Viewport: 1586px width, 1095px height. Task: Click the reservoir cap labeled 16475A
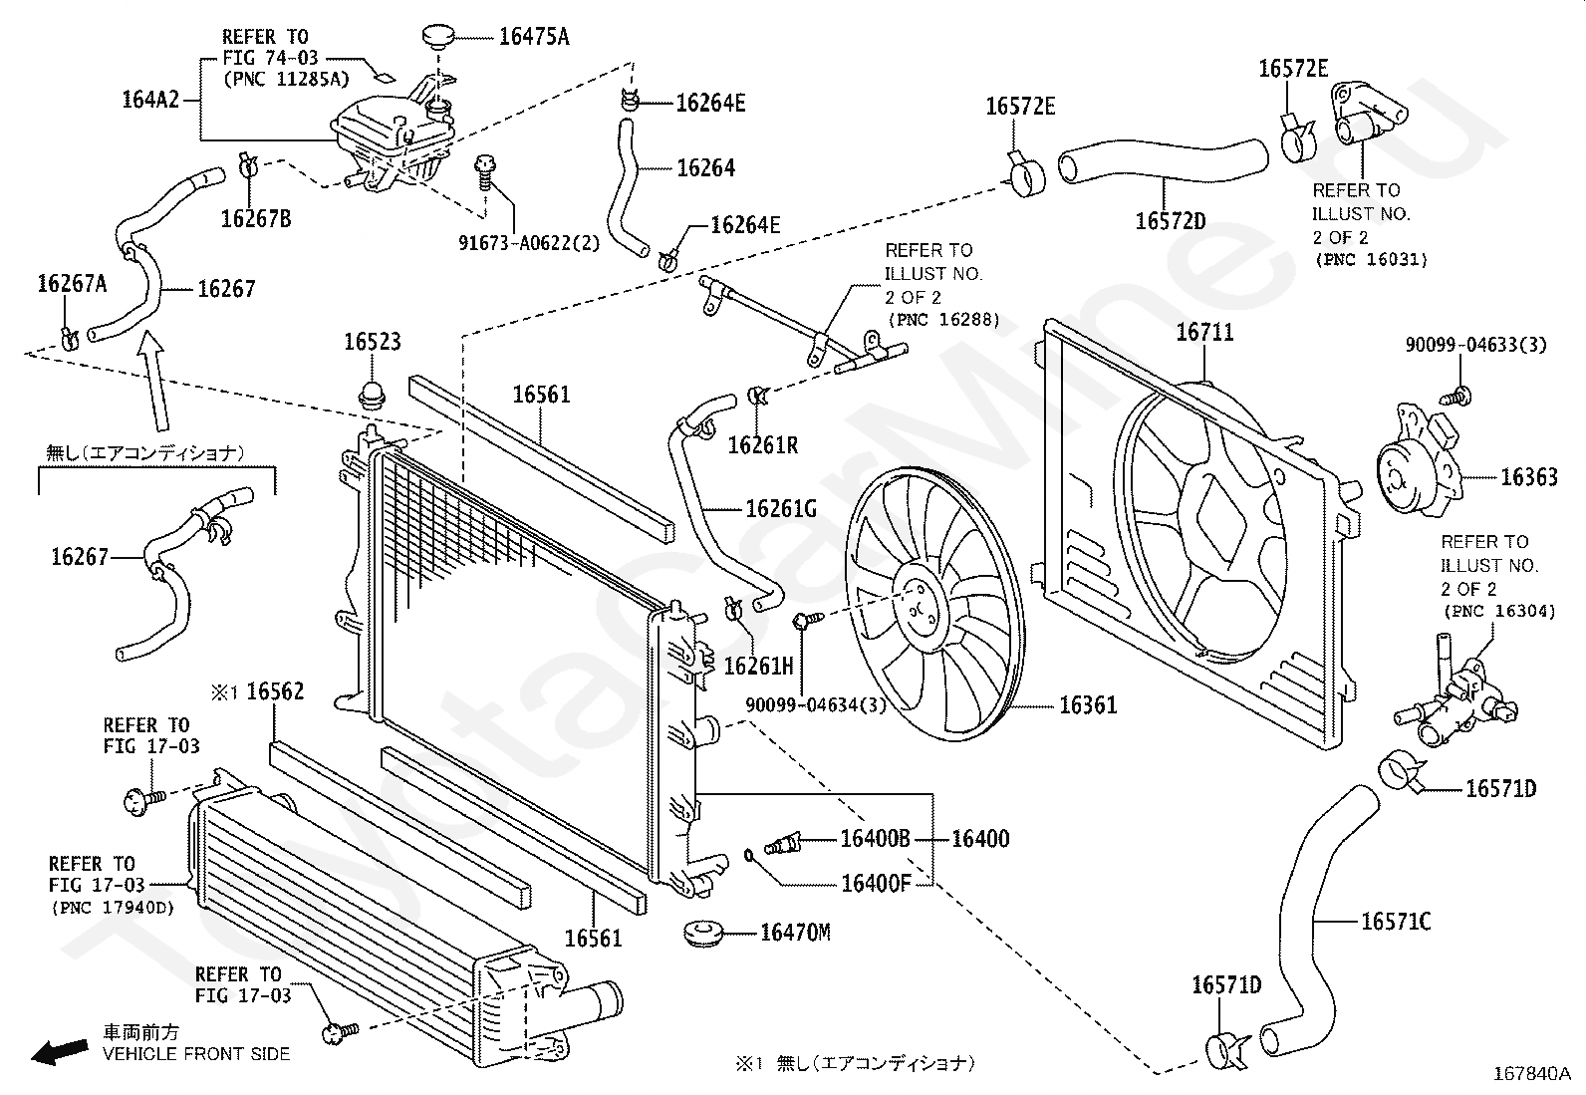click(437, 35)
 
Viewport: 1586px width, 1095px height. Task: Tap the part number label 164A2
click(150, 100)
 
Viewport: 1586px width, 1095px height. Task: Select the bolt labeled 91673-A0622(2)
click(484, 172)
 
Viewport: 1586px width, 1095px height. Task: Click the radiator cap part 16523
click(372, 395)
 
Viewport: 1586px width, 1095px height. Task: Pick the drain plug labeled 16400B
click(782, 844)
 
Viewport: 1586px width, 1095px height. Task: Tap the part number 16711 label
click(1204, 332)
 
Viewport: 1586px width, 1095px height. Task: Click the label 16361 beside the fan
click(1088, 705)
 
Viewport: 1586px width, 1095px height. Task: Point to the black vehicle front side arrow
click(60, 1050)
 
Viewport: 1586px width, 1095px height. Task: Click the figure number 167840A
click(1531, 1074)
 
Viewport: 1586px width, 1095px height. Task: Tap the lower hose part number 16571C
click(1396, 922)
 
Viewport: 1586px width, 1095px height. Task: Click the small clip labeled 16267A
click(70, 339)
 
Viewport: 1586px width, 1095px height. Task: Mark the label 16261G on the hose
click(781, 508)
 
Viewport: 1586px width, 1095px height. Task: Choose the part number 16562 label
click(275, 691)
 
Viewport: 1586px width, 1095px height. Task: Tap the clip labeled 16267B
click(249, 165)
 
